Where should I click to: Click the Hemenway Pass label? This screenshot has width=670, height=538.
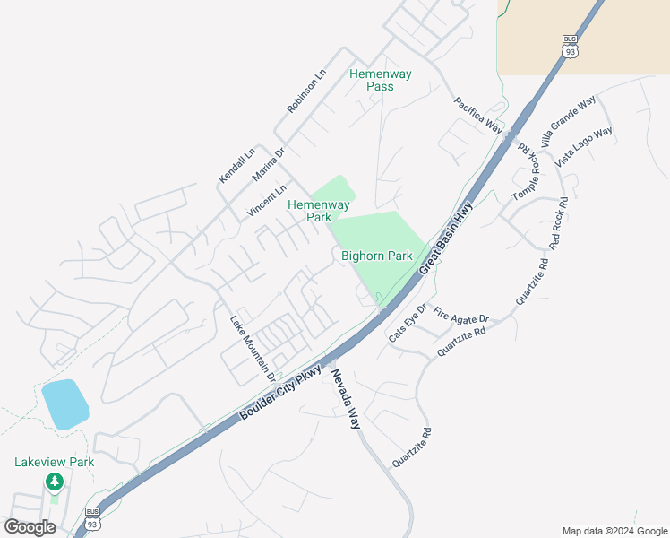click(x=381, y=80)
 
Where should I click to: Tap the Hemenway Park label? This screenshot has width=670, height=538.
click(x=319, y=211)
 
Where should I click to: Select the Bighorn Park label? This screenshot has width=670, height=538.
click(x=377, y=256)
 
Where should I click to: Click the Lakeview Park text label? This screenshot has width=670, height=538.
click(x=54, y=462)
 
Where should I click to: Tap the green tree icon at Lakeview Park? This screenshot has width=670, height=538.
click(x=55, y=482)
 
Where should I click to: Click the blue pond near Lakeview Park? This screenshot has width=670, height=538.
click(x=64, y=403)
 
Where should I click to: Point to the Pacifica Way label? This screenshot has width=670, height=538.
click(x=478, y=115)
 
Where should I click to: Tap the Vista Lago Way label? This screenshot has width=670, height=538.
click(x=584, y=146)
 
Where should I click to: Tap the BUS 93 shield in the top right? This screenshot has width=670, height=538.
click(x=570, y=47)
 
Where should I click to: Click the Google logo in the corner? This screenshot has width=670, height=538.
click(x=30, y=527)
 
